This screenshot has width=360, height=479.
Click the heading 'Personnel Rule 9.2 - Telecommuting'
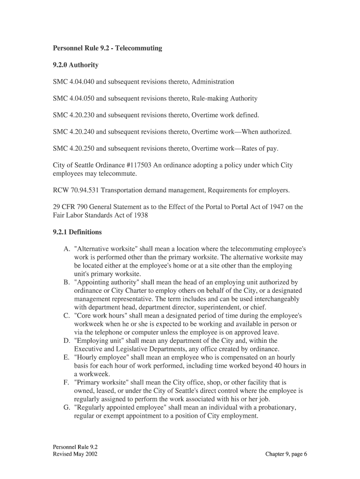[x=107, y=48]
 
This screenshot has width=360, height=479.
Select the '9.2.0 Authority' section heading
[x=75, y=65]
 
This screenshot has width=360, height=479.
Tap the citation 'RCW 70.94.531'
[x=76, y=190]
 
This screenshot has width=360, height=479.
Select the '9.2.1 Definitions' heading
[x=77, y=232]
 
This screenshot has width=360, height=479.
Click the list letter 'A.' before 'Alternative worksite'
[x=67, y=249]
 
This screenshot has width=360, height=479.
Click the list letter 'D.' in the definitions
[x=67, y=341]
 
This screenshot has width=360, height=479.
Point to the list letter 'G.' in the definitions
[x=67, y=408]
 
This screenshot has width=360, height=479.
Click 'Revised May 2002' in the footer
[x=75, y=454]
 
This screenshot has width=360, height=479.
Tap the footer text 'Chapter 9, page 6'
[x=286, y=454]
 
